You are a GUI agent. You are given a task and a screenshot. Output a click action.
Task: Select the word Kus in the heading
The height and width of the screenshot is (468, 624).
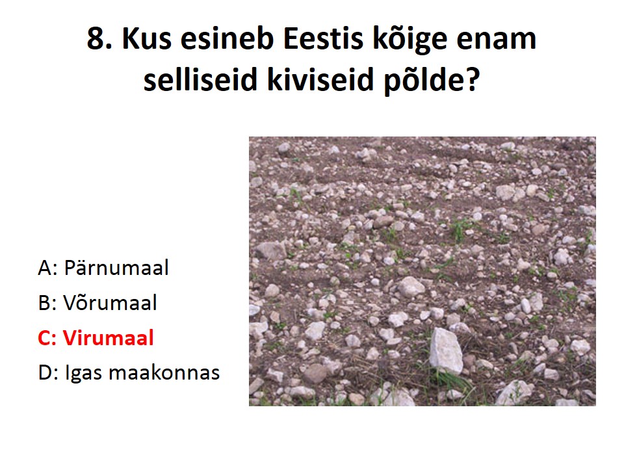click(147, 38)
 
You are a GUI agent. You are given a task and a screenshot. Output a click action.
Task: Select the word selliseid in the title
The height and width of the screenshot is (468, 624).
click(201, 79)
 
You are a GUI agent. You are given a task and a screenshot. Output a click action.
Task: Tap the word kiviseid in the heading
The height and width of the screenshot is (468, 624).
click(320, 79)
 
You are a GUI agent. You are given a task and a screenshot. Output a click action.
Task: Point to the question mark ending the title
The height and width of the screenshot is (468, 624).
click(473, 79)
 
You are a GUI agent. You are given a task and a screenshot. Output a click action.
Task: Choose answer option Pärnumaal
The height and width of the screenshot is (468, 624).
click(116, 267)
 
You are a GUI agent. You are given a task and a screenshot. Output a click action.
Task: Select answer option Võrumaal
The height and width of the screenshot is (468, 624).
click(110, 302)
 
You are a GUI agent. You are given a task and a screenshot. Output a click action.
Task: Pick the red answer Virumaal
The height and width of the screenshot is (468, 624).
click(109, 337)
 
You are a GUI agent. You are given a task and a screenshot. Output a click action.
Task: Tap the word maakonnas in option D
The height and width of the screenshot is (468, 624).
click(164, 373)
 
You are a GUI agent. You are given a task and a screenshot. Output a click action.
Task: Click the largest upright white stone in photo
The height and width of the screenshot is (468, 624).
click(446, 351)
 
